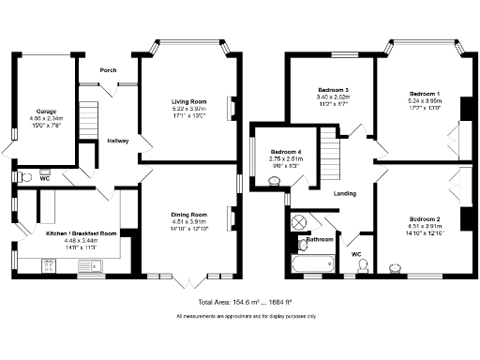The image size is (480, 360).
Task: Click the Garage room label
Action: (45, 110)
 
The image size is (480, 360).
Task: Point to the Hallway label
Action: (116, 141)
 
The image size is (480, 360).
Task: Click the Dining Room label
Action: (188, 215)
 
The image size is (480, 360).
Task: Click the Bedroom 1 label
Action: (427, 94)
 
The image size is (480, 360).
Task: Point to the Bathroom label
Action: (321, 240)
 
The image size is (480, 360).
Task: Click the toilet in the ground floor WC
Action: (25, 174)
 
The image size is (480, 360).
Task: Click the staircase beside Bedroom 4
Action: (330, 150)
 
